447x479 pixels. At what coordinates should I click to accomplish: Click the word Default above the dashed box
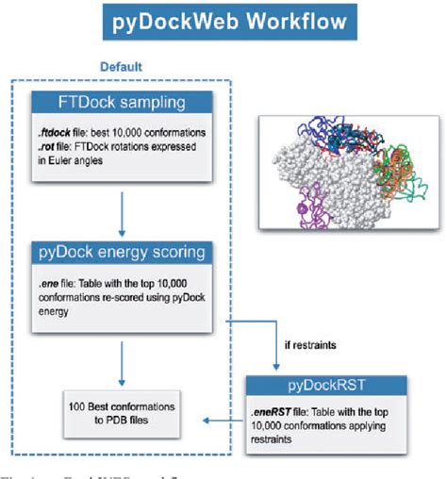(x=122, y=67)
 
